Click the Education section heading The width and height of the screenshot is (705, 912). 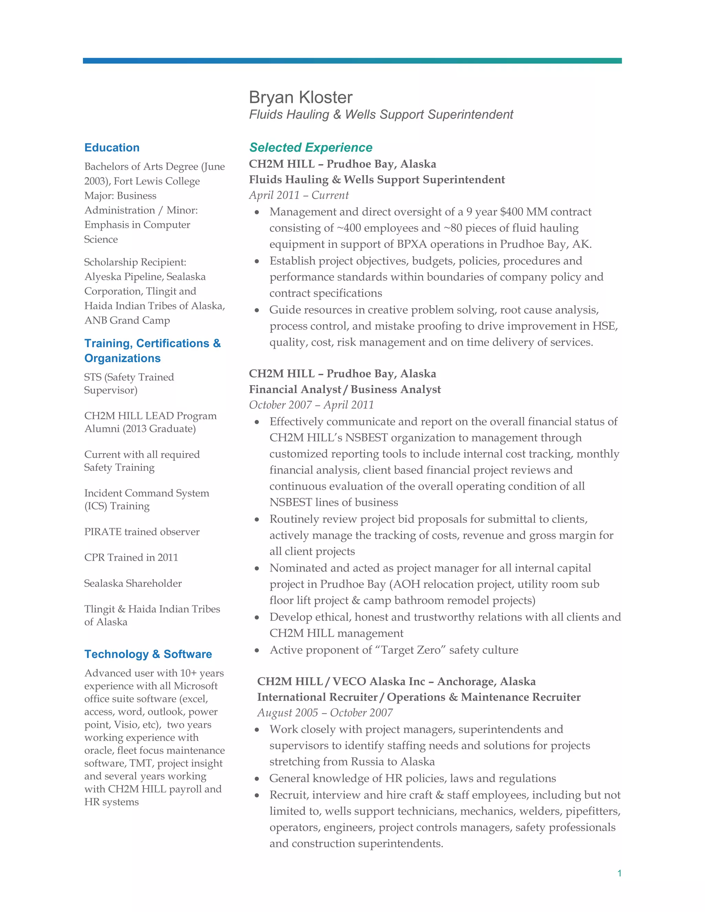(x=112, y=147)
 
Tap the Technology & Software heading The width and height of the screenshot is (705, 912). (x=148, y=654)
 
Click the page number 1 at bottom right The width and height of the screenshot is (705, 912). (x=619, y=873)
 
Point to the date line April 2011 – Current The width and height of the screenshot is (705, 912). (x=298, y=195)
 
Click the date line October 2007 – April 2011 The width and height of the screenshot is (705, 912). (x=311, y=405)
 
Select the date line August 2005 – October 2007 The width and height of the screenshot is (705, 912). (x=325, y=712)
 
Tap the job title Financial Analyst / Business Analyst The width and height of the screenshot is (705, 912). (x=345, y=389)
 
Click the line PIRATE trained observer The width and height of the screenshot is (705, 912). (x=141, y=532)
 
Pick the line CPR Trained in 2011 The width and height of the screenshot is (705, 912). (x=131, y=558)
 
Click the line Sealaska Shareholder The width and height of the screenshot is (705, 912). (x=133, y=583)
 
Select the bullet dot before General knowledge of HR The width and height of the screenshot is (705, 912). (x=257, y=779)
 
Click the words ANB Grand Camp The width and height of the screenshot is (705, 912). (x=127, y=320)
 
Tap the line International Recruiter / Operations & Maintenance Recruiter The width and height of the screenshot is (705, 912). (x=419, y=697)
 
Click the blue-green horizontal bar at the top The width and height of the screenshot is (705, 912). (x=352, y=61)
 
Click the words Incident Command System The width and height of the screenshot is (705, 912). (x=147, y=493)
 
